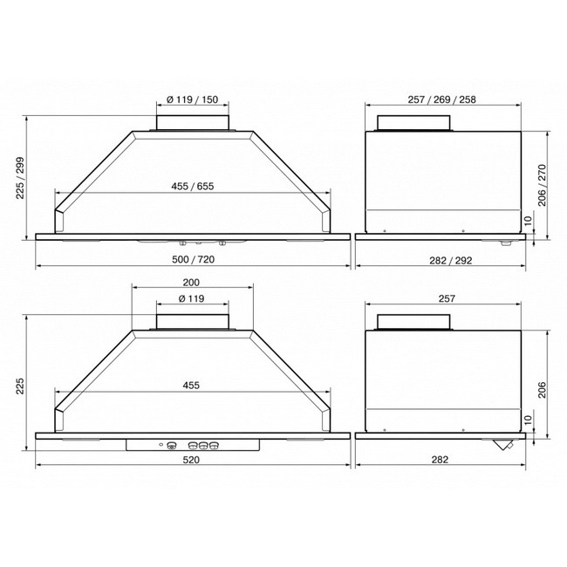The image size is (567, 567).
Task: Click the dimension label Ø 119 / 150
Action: pyautogui.click(x=193, y=99)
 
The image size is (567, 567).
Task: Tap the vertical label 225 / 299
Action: pyautogui.click(x=20, y=178)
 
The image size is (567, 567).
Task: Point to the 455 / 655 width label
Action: pyautogui.click(x=193, y=186)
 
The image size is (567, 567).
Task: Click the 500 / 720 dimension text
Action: pyautogui.click(x=193, y=259)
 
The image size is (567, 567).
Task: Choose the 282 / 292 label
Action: pyautogui.click(x=451, y=260)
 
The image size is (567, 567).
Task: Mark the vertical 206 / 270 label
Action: pyautogui.click(x=542, y=185)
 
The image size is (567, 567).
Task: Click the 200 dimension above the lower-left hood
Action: pyautogui.click(x=191, y=283)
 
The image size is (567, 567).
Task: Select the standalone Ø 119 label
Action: pyautogui.click(x=191, y=298)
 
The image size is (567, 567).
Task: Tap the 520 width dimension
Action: pyautogui.click(x=191, y=460)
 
